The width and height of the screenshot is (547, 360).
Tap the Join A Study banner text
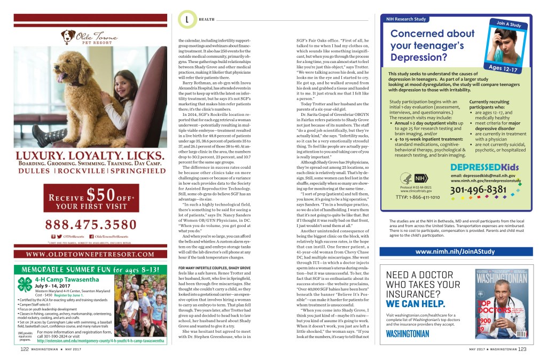[x=509, y=25]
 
